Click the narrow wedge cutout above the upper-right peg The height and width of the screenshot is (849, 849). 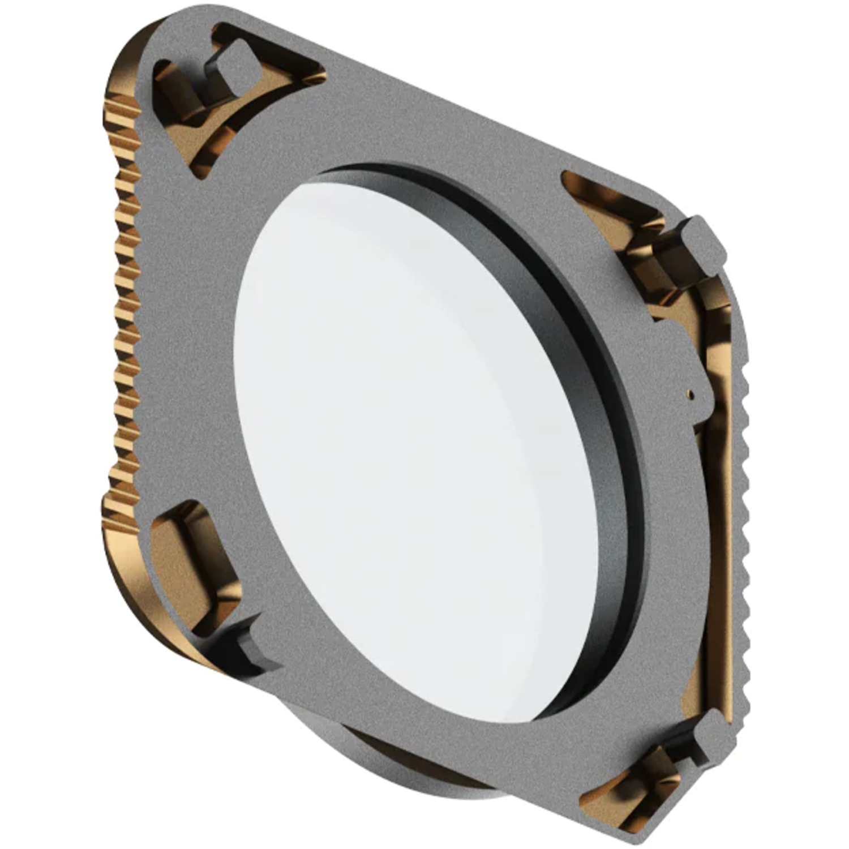click(611, 198)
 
